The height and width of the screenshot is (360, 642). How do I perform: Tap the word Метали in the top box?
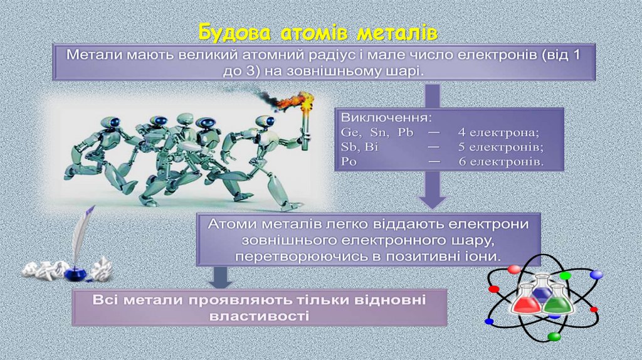click(x=96, y=55)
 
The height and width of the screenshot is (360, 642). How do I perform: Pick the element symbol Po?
click(x=349, y=161)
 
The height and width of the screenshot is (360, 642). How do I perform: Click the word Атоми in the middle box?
click(x=232, y=224)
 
